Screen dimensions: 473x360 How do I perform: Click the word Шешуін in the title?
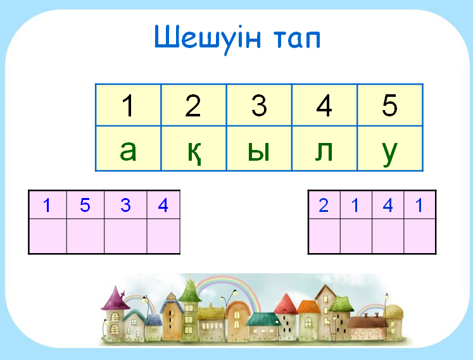tap(208, 38)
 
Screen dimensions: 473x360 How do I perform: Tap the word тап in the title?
tap(297, 39)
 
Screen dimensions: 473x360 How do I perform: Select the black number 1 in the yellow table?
tap(128, 105)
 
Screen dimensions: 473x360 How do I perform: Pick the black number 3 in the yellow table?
tap(259, 105)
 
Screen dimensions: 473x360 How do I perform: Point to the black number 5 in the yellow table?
tap(390, 105)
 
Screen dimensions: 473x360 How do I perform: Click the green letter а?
tap(128, 150)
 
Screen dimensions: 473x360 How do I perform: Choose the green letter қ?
tap(194, 152)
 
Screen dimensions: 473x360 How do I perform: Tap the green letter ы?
tap(258, 150)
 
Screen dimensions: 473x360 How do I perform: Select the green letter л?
tap(324, 151)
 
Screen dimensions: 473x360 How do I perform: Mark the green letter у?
tap(389, 153)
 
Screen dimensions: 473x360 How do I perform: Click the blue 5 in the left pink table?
tap(85, 205)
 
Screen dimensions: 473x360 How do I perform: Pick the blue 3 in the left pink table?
tap(125, 205)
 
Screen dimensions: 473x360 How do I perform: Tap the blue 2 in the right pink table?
tap(324, 206)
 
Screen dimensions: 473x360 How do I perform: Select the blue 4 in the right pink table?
tap(388, 206)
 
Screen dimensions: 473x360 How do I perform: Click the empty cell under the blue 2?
tap(324, 236)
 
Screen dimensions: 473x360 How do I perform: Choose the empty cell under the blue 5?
tap(85, 236)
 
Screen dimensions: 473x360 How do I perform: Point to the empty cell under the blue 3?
tap(125, 236)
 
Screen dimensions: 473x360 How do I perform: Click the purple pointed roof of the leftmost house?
tap(115, 299)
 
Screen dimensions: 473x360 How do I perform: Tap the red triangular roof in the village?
tap(286, 304)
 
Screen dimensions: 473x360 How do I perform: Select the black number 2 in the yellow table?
tap(193, 105)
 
